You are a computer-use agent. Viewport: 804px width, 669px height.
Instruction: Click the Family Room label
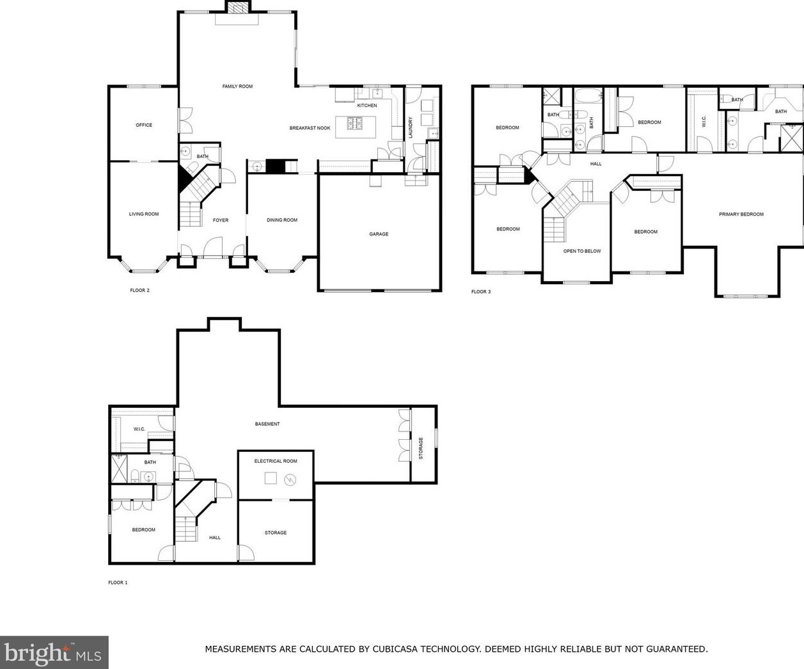click(237, 86)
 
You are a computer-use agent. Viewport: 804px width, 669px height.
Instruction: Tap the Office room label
click(144, 125)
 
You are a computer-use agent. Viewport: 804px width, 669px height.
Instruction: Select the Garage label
click(379, 234)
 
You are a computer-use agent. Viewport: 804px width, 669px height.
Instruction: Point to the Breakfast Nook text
click(310, 128)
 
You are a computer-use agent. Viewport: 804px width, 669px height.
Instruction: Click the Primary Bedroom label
click(741, 214)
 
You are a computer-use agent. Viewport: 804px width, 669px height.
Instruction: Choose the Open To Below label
click(582, 251)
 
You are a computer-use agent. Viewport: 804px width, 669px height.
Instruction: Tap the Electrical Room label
click(275, 461)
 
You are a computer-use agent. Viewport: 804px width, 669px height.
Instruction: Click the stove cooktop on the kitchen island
click(354, 123)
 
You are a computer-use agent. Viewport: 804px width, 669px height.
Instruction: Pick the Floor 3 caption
click(481, 292)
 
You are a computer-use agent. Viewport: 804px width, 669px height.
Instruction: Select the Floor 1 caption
click(118, 583)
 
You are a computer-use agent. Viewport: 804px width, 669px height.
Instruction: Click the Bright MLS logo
click(53, 653)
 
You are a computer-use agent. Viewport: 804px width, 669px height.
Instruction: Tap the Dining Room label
click(282, 220)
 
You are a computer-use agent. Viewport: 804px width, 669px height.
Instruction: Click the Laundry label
click(411, 127)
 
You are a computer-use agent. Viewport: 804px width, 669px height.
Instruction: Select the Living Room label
click(144, 214)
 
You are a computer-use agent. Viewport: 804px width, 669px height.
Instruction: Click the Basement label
click(267, 424)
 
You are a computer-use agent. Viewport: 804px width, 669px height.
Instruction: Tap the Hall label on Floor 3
click(595, 164)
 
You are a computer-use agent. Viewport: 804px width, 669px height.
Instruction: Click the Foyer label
click(221, 220)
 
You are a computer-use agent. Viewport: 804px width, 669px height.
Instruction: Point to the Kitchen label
click(367, 105)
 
